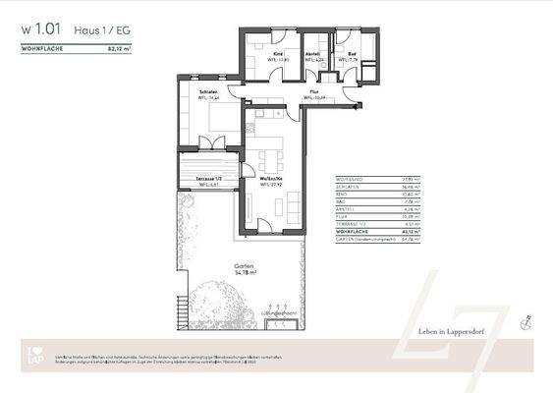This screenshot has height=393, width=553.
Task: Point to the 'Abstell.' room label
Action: pos(312,54)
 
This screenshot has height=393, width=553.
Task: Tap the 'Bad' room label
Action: pos(352,54)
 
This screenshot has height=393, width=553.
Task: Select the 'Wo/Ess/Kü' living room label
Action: pos(271,179)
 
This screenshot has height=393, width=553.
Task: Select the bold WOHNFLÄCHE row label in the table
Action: pos(353,231)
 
